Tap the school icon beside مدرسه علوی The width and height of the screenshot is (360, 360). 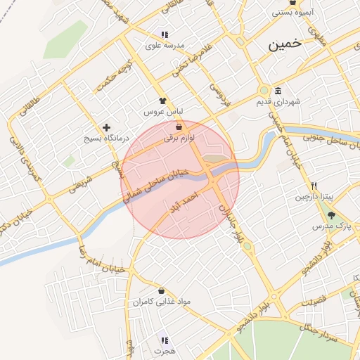164,34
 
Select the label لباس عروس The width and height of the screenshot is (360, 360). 164,112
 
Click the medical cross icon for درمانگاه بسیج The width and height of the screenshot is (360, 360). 106,128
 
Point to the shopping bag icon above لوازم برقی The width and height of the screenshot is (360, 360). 179,127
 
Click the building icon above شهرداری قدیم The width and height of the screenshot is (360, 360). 278,91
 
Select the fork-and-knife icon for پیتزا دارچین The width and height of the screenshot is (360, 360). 314,186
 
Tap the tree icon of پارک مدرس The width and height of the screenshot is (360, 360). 330,215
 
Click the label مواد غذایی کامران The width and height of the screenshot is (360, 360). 162,302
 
